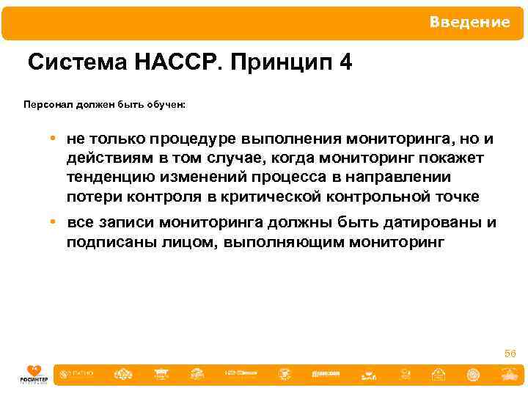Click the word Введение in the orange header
pos(469,22)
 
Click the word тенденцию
pos(111,177)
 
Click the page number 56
pos(510,354)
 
